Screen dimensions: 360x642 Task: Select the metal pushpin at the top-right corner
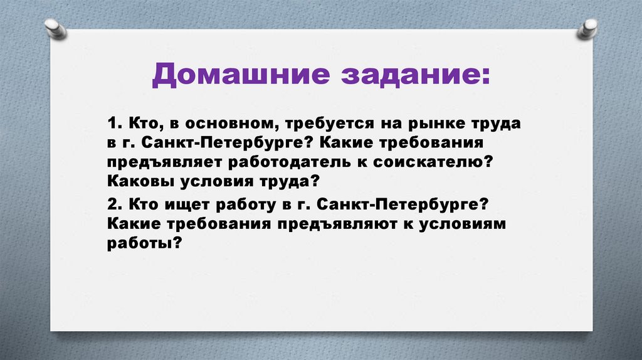click(587, 28)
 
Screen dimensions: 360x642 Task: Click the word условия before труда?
click(216, 182)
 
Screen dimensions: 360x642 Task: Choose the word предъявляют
click(332, 225)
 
